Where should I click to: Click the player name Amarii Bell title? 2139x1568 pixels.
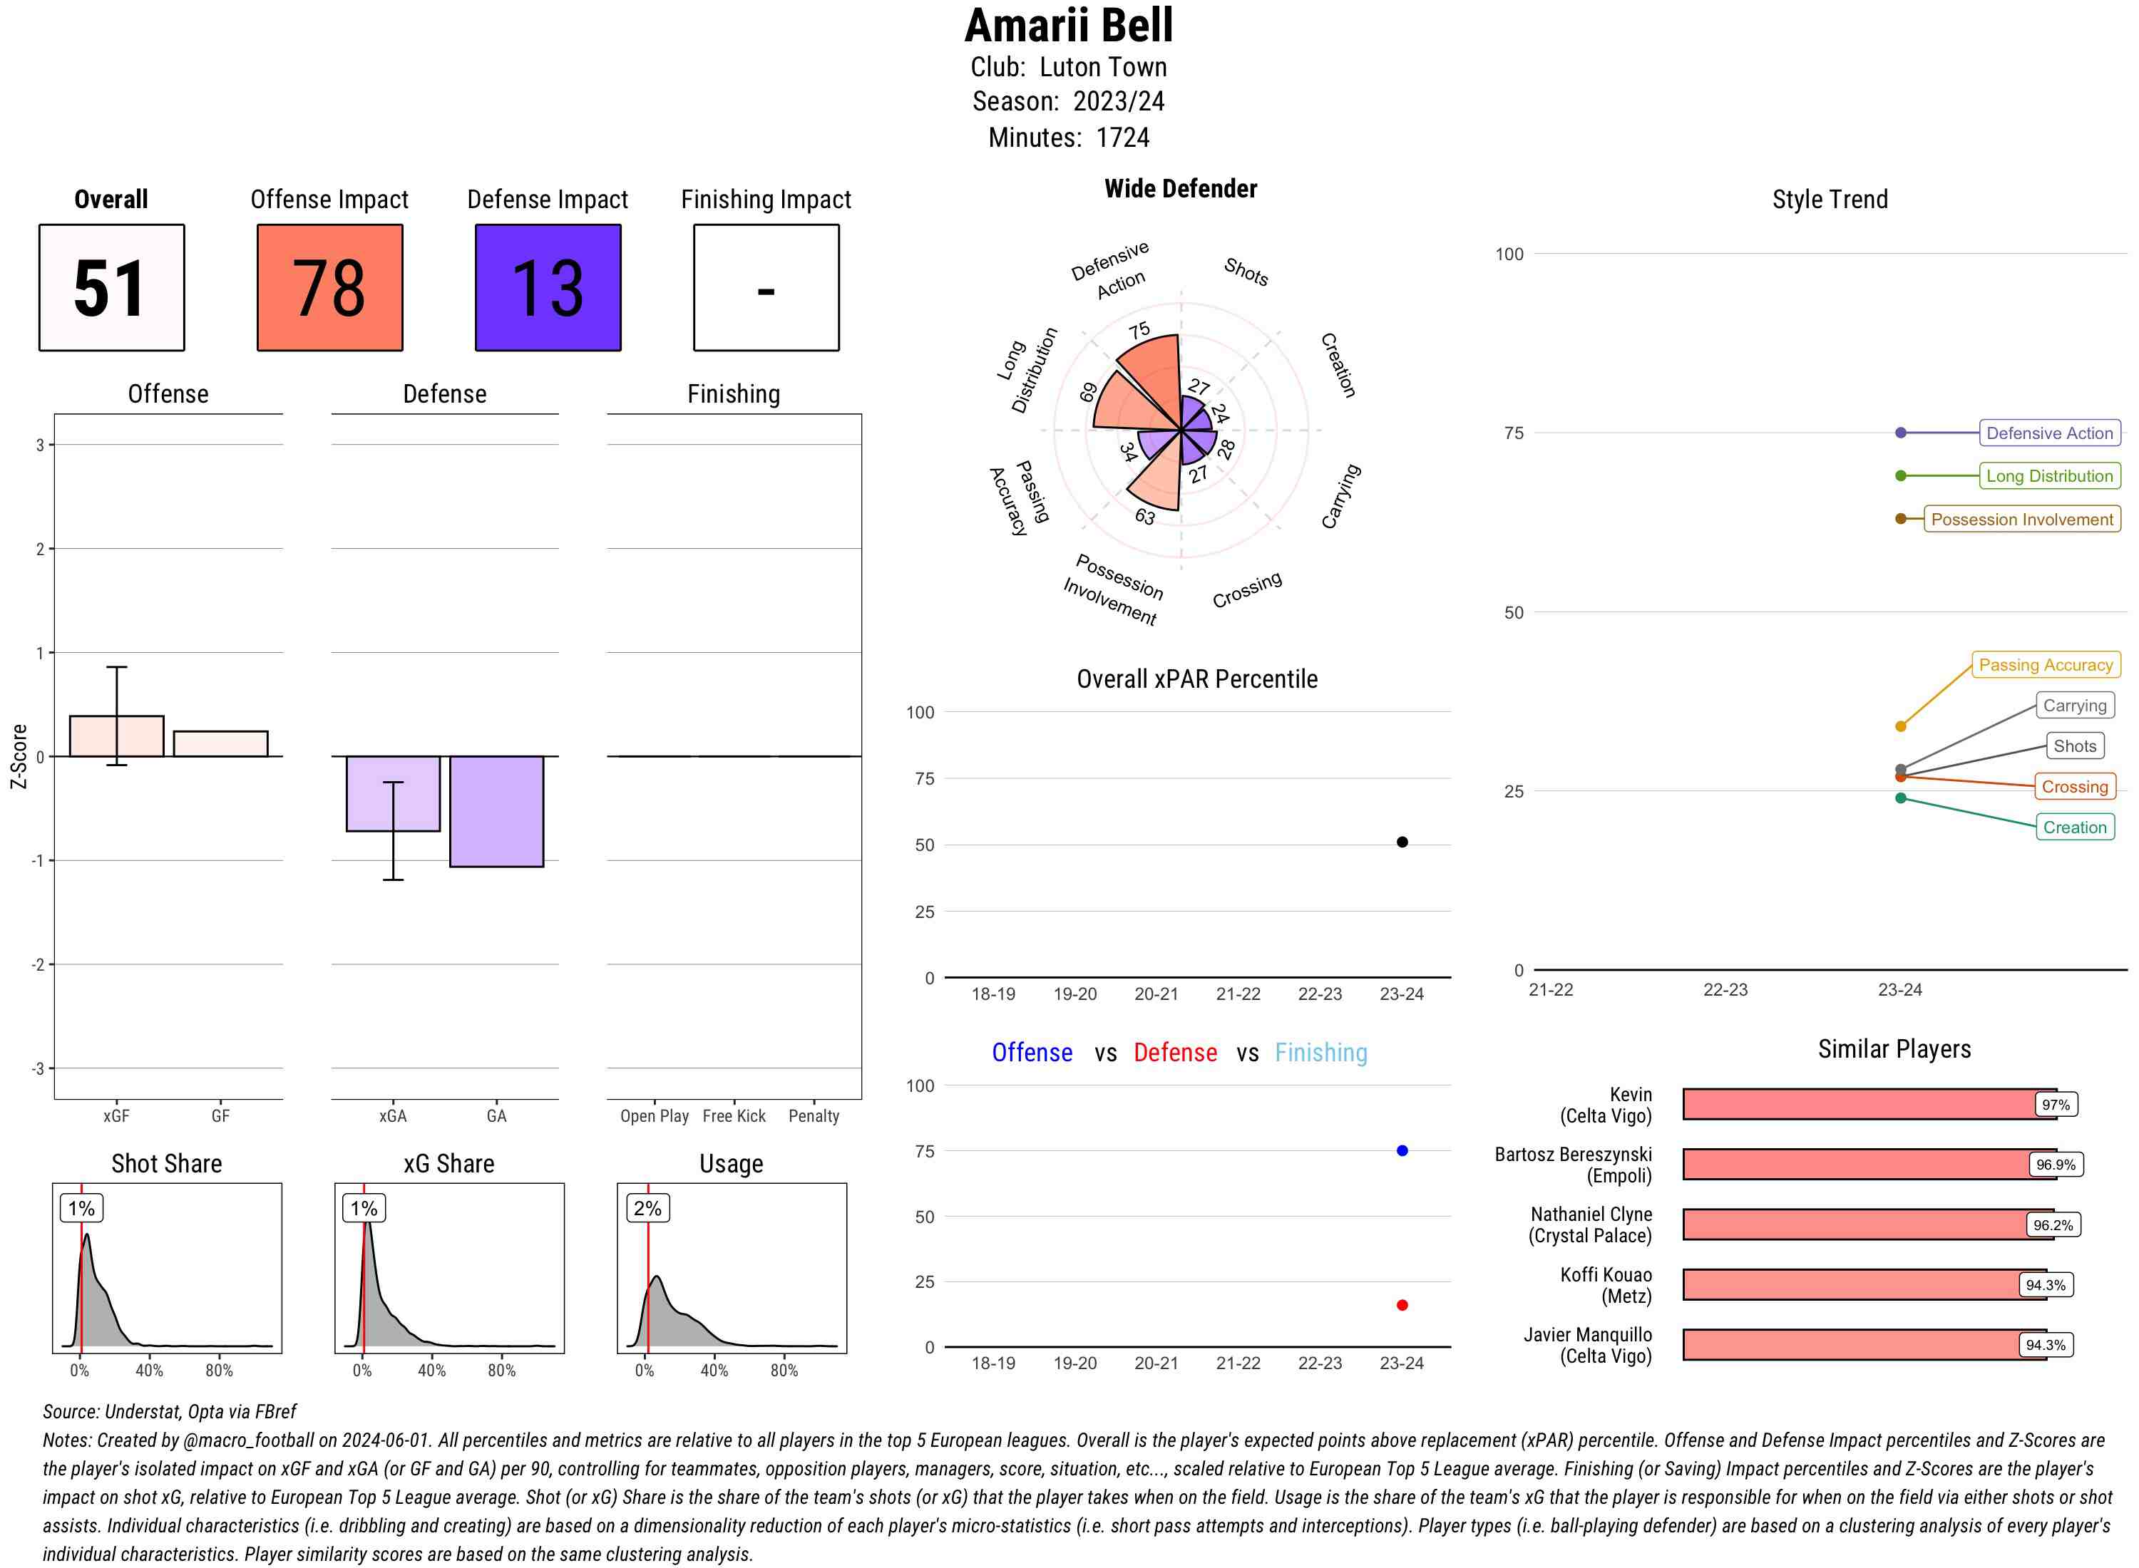pos(1068,26)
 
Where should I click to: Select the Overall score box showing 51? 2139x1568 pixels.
pos(111,288)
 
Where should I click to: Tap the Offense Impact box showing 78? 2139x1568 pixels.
pos(329,288)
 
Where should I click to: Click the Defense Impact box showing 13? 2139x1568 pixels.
pos(548,288)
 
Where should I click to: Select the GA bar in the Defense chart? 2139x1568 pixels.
pos(496,812)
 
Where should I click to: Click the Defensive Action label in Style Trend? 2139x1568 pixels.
pos(2049,433)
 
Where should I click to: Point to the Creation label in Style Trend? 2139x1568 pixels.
pos(2073,827)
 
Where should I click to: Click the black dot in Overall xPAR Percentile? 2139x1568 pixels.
pos(1401,842)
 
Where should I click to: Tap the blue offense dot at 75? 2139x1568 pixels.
pos(1401,1150)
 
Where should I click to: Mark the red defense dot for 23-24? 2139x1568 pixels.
pos(1401,1305)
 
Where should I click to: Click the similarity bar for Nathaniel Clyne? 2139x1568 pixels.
pos(1856,1224)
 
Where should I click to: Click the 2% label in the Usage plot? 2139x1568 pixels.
pos(647,1208)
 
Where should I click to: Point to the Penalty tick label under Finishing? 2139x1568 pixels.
pos(814,1116)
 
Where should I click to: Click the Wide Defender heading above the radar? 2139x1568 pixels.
pos(1180,189)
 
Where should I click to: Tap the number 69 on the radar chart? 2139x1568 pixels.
pos(1088,391)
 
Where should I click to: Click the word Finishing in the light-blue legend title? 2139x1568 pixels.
pos(1320,1053)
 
